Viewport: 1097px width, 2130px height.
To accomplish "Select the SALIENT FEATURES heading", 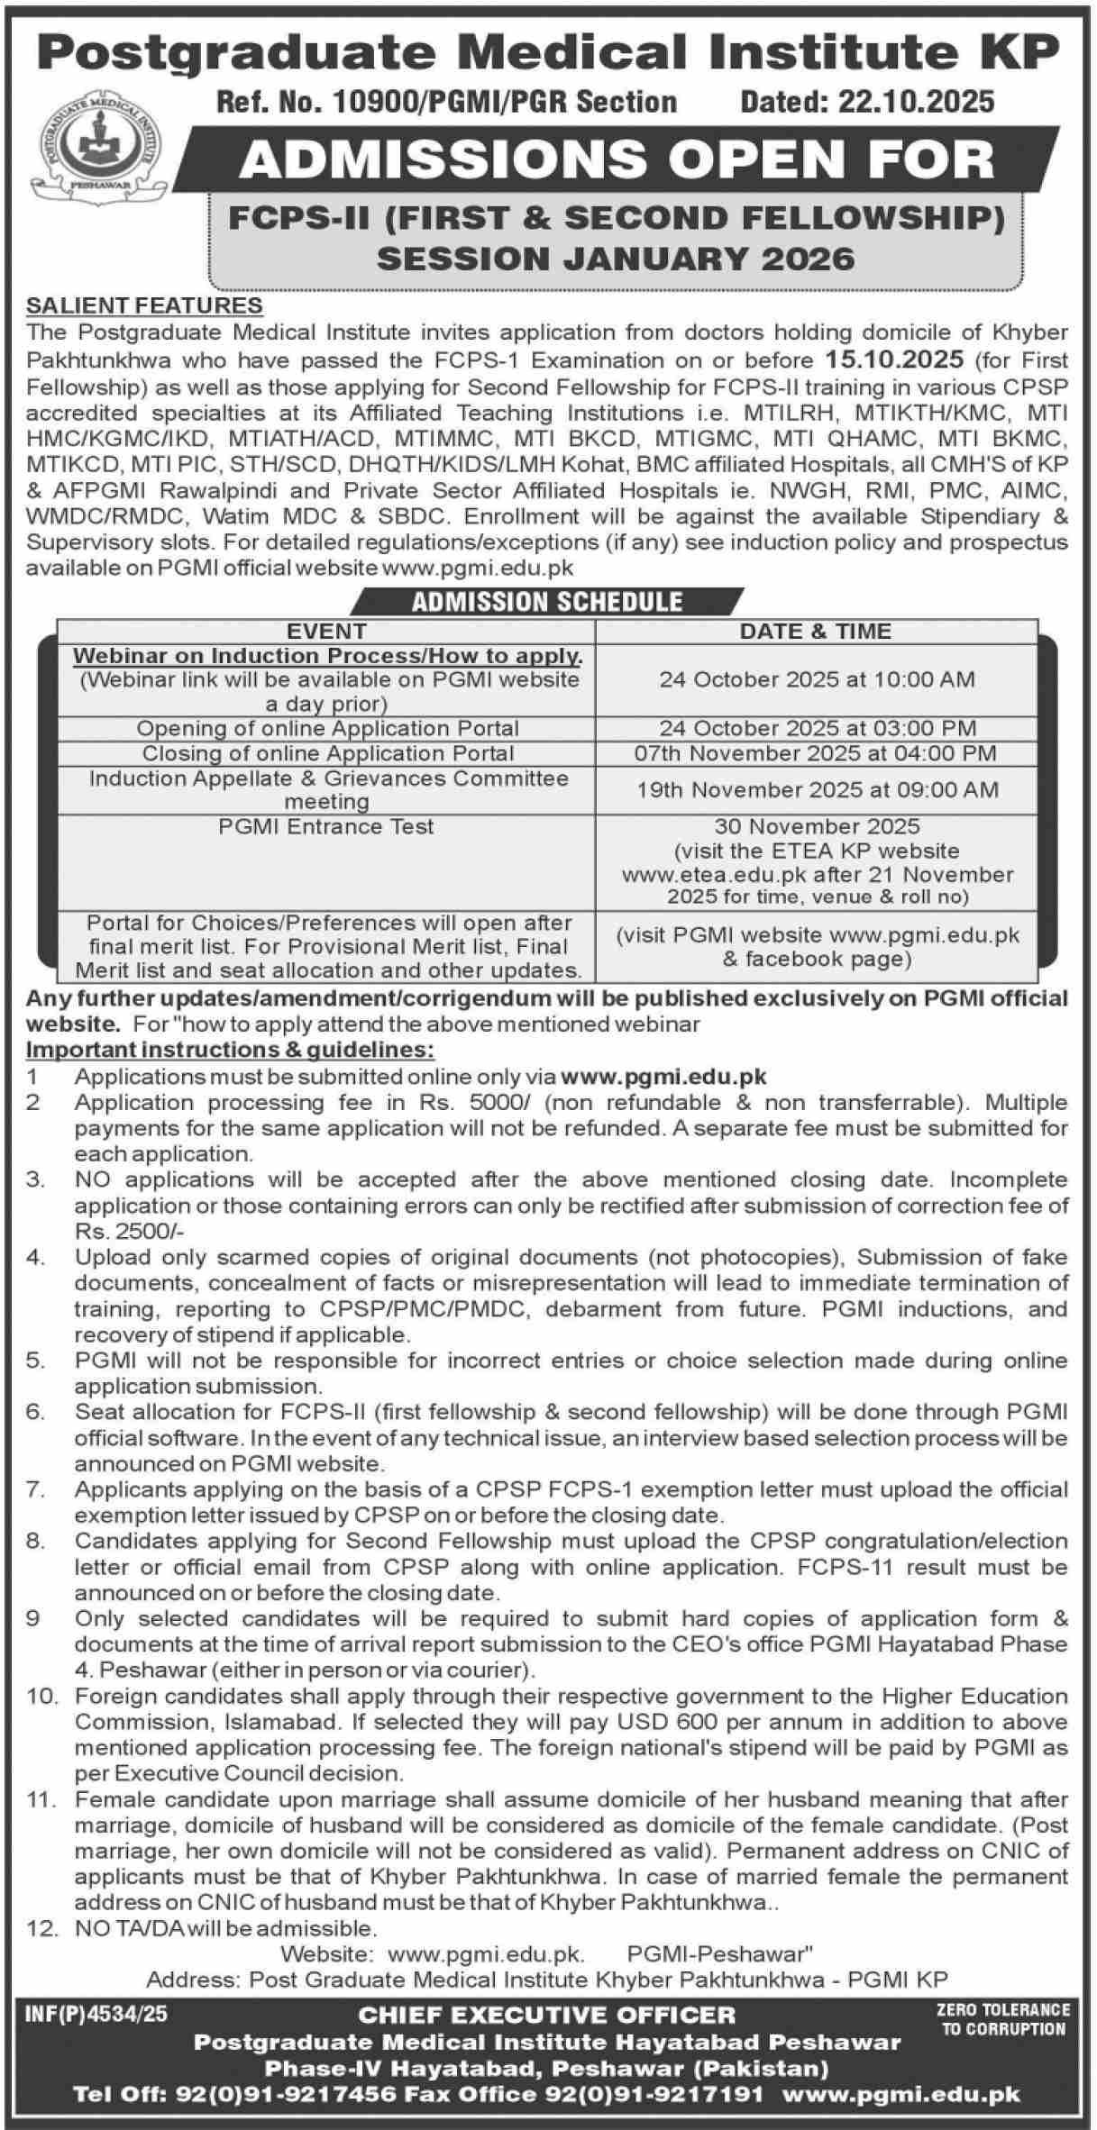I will pos(144,305).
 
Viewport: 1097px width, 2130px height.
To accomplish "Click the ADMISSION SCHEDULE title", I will pos(547,601).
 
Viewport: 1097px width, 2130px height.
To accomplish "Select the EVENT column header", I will pos(325,631).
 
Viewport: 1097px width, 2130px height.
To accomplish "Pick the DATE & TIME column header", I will pos(816,631).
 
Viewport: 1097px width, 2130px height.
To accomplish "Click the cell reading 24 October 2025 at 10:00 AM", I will pos(816,679).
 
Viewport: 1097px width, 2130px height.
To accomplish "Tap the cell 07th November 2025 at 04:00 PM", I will pos(816,752).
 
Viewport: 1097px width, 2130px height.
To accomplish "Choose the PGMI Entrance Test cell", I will pos(325,826).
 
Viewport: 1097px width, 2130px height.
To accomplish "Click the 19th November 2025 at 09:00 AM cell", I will pos(816,790).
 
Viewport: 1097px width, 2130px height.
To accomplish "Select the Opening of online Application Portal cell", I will pos(325,728).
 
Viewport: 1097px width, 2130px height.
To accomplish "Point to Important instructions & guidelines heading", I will pos(230,1050).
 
